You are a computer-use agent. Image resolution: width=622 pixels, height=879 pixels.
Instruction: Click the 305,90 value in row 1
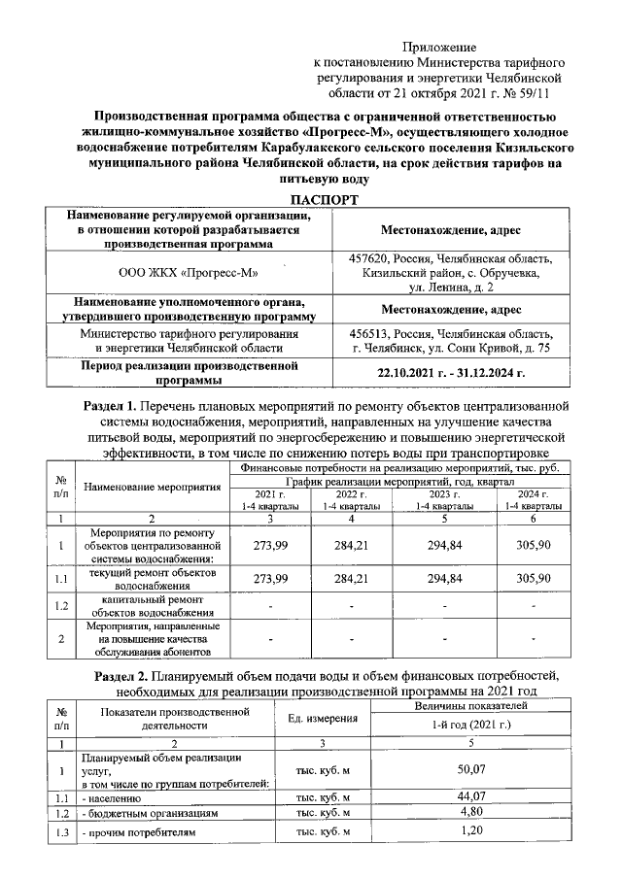533,545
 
